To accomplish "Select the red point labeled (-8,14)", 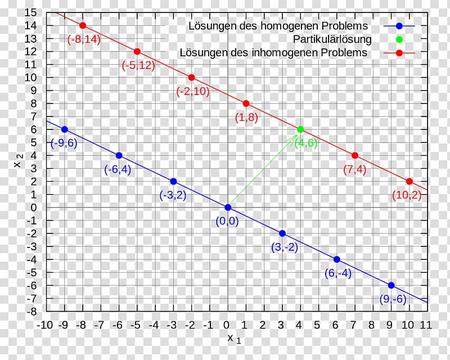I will click(83, 25).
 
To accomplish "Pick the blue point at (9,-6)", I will click(391, 285).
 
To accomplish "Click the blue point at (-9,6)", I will click(64, 129).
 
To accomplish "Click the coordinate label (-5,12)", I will click(138, 65).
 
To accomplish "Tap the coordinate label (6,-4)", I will click(337, 273).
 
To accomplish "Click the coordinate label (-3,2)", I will click(172, 195).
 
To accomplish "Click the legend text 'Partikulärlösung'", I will click(332, 39).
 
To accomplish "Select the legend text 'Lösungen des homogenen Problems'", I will click(278, 26).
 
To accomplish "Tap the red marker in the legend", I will click(399, 53).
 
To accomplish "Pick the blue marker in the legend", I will click(399, 26).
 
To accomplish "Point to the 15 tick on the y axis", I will click(31, 12).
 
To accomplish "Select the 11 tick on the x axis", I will click(426, 325).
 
